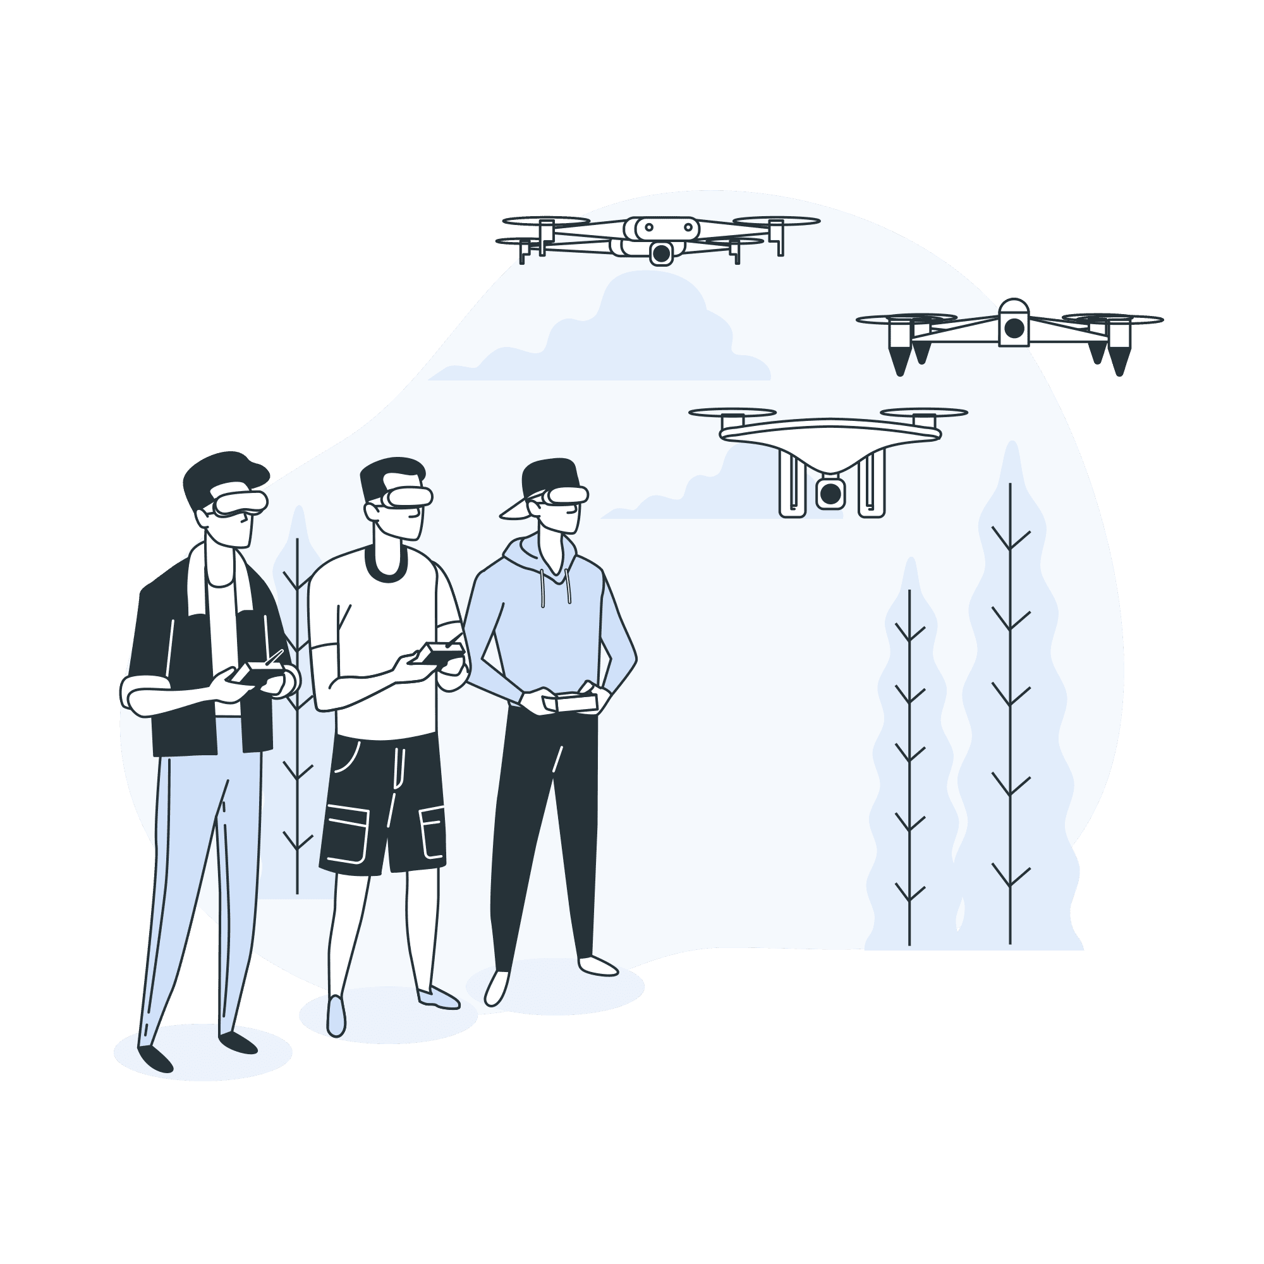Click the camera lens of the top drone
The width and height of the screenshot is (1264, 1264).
point(662,253)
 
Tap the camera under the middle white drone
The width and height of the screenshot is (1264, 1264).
point(830,494)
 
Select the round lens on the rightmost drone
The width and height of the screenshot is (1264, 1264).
point(1014,328)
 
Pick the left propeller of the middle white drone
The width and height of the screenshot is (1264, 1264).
point(732,413)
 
